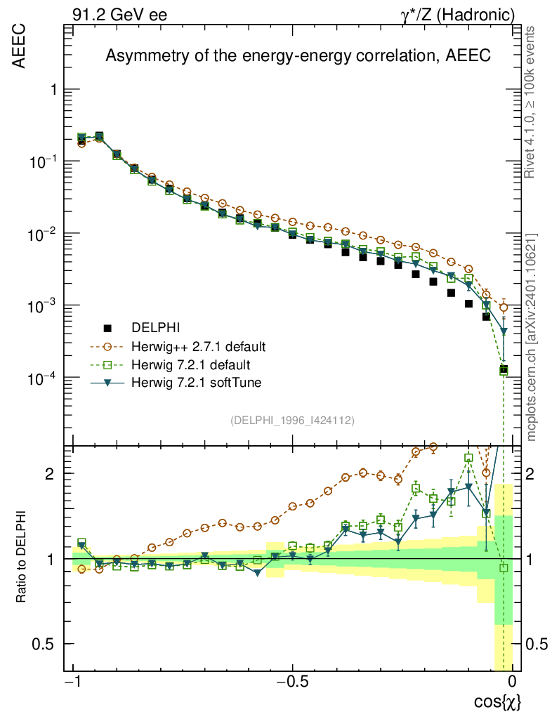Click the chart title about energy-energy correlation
point(298,56)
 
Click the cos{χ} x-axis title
point(497,701)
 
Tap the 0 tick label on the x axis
point(513,682)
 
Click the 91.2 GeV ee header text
point(119,14)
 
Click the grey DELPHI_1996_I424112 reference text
point(292,421)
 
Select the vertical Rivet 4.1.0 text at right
point(531,102)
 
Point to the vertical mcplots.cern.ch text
point(531,337)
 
